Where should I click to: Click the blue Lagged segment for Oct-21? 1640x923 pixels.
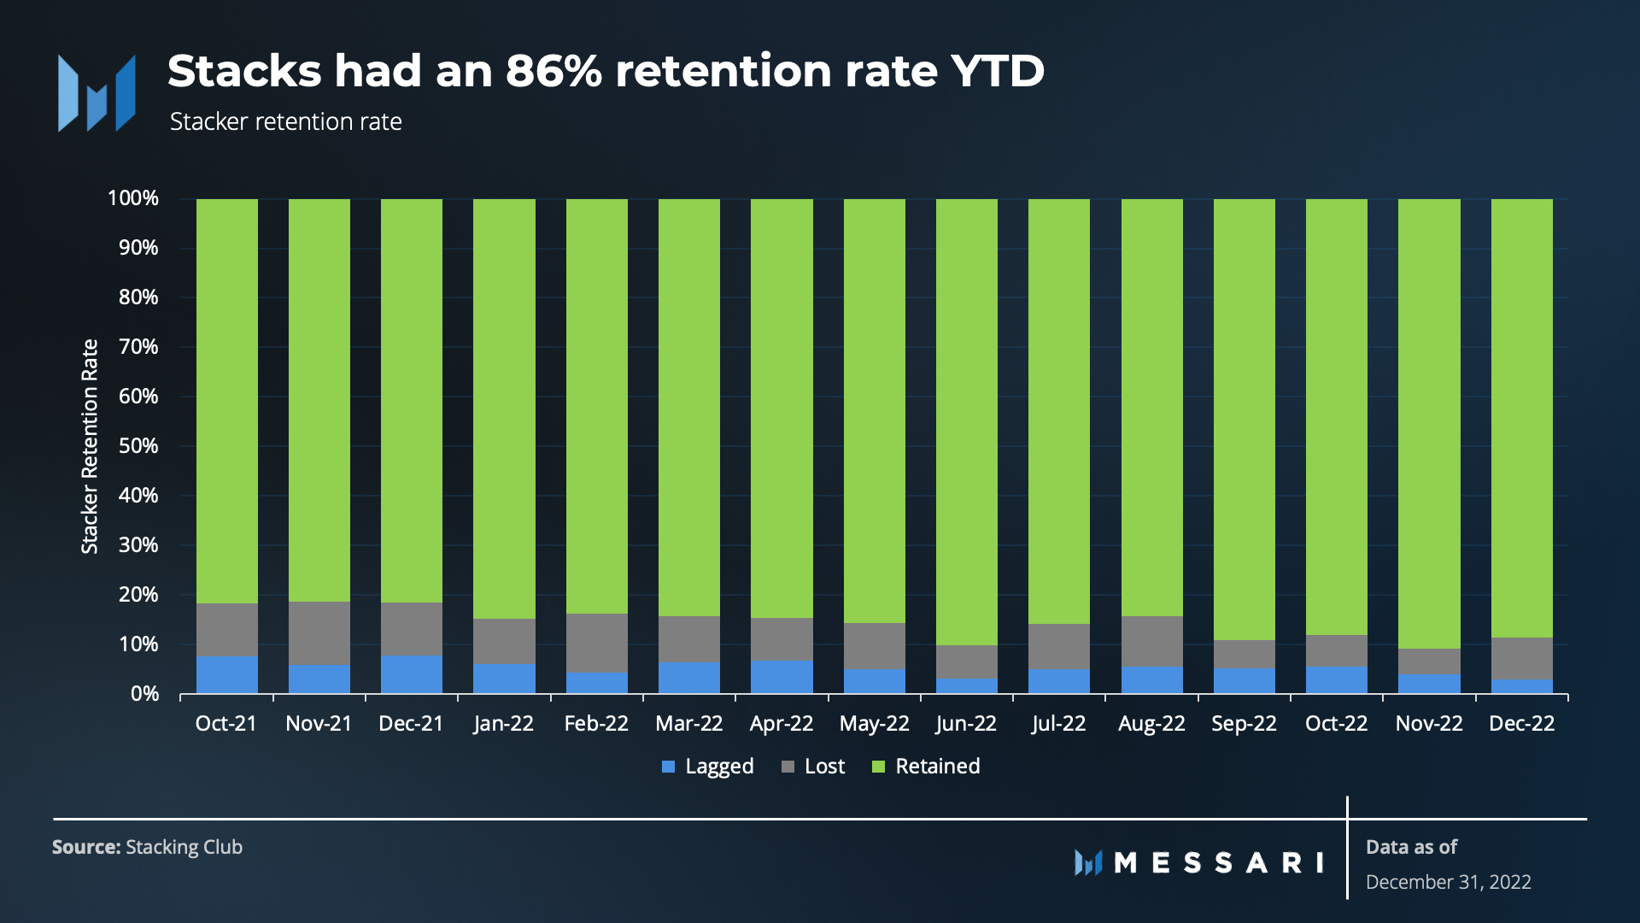226,674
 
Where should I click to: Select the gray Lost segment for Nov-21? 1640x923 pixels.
319,632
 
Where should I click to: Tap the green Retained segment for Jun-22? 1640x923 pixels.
967,421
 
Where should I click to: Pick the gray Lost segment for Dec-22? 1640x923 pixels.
1521,658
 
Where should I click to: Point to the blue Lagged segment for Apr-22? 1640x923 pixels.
782,676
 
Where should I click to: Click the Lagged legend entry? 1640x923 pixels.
708,767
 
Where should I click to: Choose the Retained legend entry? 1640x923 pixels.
926,767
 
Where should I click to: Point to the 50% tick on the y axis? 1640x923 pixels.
138,446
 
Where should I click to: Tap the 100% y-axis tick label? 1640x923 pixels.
133,198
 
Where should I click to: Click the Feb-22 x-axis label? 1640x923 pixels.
596,724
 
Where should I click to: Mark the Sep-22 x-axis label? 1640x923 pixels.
1244,724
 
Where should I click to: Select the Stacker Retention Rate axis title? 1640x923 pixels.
90,446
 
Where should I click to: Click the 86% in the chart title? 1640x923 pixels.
553,71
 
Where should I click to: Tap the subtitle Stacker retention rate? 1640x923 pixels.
285,122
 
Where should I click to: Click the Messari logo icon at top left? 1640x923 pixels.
97,93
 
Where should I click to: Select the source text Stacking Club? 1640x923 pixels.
184,847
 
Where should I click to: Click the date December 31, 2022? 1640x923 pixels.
1448,882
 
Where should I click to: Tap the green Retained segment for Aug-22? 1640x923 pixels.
1151,407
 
